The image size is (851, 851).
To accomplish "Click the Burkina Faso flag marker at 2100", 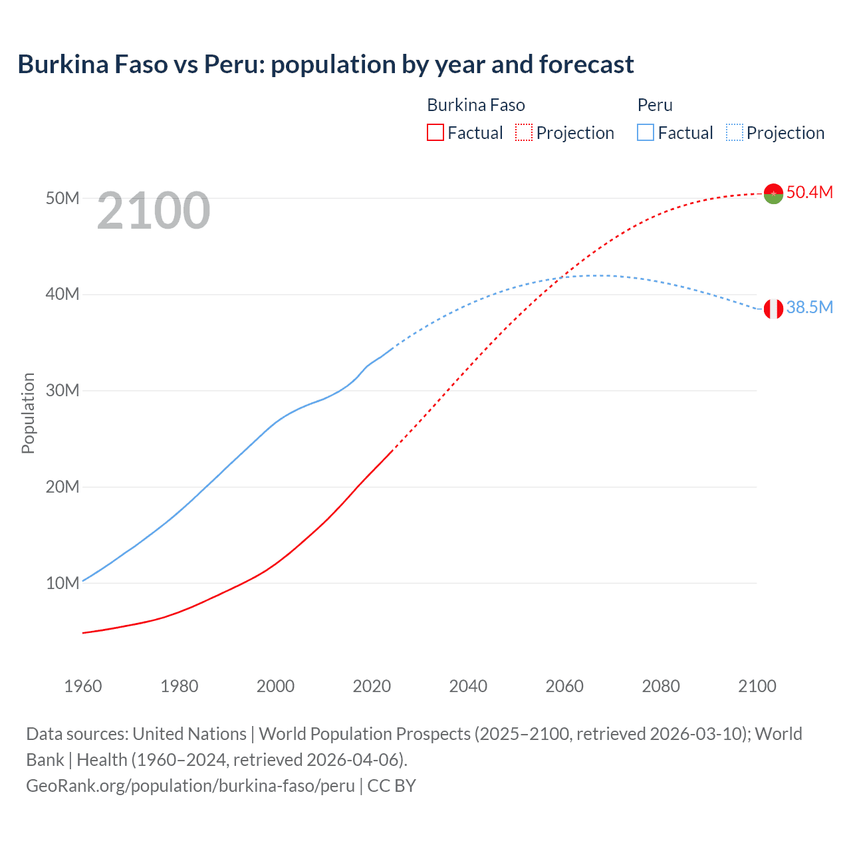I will (773, 193).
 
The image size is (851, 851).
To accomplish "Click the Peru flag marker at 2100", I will (773, 308).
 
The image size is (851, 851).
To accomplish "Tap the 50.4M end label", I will (809, 192).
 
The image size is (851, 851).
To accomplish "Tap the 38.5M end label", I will (809, 307).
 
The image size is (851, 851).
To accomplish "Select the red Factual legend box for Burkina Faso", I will (435, 132).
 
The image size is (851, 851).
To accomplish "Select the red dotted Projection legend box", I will (524, 132).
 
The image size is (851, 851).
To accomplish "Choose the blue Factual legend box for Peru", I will (646, 132).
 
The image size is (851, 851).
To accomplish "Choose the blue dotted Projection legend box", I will (735, 132).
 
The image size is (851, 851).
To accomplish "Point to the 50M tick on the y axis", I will (62, 198).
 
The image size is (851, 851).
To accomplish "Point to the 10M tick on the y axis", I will (62, 583).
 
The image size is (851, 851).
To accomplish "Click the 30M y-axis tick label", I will (62, 390).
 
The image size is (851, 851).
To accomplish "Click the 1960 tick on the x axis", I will (83, 686).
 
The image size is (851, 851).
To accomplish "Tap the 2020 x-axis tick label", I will (372, 686).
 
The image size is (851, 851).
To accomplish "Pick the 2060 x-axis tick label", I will (564, 686).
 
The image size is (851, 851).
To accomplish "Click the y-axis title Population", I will (28, 413).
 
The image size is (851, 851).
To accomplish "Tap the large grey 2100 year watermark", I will (154, 211).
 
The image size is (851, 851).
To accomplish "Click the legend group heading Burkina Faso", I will (476, 105).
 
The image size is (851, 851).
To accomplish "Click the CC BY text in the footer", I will (392, 786).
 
